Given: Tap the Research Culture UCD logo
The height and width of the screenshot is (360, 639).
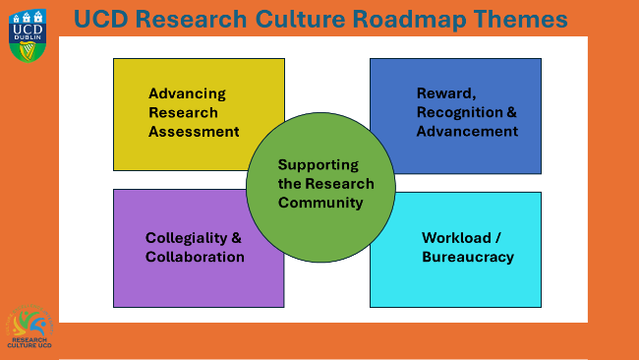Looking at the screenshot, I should (x=29, y=326).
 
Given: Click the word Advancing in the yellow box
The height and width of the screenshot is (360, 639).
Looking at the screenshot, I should (x=187, y=94).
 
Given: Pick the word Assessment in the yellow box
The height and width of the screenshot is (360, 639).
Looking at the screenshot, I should (x=194, y=131).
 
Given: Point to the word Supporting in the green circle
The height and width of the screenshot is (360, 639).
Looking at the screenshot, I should (x=319, y=165).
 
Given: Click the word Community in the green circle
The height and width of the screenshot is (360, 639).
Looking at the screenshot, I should (x=320, y=203).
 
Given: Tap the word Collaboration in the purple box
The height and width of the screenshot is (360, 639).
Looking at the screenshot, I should (x=195, y=257).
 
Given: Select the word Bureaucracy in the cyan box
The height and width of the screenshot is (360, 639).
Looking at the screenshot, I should (x=468, y=257).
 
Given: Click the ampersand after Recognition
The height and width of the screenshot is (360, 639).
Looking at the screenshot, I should (x=511, y=112).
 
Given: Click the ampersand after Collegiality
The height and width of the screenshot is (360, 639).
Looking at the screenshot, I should (x=237, y=238).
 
